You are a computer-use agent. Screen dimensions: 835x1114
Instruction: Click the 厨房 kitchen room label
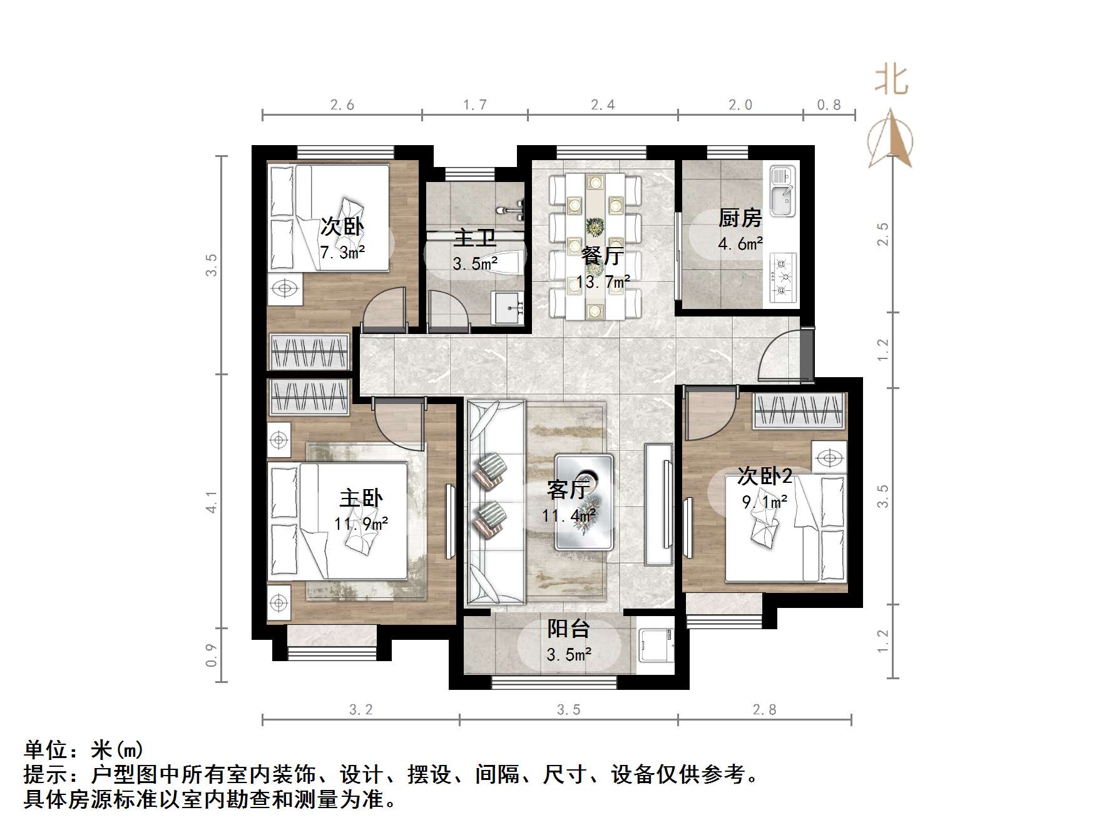740,218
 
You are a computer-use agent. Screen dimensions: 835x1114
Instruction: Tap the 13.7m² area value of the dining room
603,282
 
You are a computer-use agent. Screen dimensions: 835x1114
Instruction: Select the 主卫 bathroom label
474,239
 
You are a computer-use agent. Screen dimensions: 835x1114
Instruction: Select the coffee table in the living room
585,502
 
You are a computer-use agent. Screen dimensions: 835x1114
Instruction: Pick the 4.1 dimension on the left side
212,502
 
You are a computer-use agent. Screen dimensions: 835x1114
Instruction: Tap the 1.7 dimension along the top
475,104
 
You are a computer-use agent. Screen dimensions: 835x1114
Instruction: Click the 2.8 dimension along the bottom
764,709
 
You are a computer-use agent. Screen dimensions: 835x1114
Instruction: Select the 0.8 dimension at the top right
829,104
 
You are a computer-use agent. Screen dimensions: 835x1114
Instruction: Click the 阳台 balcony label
568,629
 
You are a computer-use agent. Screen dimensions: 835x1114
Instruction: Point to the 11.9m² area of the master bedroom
361,523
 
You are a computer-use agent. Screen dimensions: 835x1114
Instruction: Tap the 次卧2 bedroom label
765,477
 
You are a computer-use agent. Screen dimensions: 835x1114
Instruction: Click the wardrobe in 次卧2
799,411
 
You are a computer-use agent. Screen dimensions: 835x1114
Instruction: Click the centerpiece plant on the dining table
595,226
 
